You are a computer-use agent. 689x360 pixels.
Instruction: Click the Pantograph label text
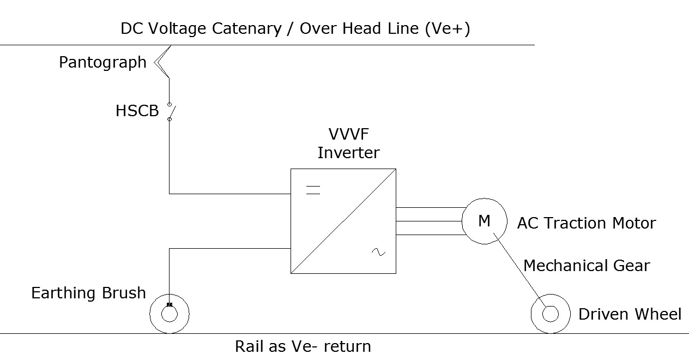(102, 63)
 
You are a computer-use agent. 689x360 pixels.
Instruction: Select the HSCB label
(137, 111)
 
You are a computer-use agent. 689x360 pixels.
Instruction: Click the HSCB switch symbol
(170, 112)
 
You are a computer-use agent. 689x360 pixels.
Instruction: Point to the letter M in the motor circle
(484, 221)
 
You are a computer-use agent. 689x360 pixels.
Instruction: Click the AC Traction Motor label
(586, 223)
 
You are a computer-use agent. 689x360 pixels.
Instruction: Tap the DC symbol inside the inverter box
(313, 190)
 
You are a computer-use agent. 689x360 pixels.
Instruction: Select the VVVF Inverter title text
(348, 143)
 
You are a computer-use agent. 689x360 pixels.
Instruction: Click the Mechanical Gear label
(587, 266)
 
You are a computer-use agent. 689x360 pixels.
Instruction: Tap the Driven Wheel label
(630, 314)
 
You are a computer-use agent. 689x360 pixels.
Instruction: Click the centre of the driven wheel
(551, 314)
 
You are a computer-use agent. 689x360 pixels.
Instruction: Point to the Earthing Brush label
(88, 293)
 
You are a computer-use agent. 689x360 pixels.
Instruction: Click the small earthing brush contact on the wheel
(170, 305)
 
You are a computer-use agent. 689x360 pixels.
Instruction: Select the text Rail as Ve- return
(303, 346)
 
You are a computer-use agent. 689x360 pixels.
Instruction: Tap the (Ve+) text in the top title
(447, 28)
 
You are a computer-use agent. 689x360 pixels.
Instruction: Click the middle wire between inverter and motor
(429, 221)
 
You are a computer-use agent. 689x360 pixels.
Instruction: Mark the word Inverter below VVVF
(348, 153)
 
